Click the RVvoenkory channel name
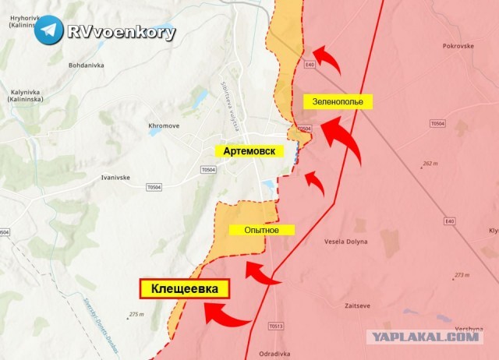(x=121, y=32)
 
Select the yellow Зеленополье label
(x=338, y=101)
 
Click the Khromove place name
(x=165, y=125)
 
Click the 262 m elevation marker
(x=430, y=164)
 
